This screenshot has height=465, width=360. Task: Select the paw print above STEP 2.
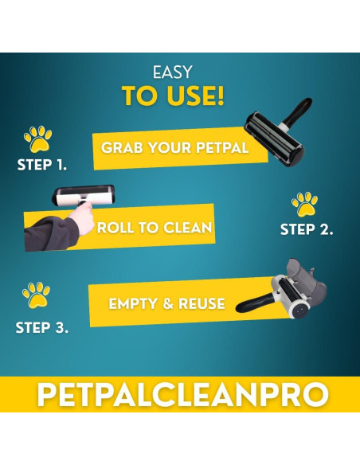click(x=304, y=204)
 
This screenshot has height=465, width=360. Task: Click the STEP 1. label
click(x=41, y=166)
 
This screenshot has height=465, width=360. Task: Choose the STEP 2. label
click(x=307, y=230)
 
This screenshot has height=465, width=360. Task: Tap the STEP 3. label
click(x=41, y=326)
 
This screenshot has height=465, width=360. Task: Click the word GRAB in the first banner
click(x=122, y=147)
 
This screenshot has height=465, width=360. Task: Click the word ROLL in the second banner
click(x=115, y=228)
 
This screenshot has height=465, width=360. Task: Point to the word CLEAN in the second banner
click(x=186, y=228)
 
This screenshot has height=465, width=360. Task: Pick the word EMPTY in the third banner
click(x=133, y=303)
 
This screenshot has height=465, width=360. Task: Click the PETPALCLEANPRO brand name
click(x=180, y=395)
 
